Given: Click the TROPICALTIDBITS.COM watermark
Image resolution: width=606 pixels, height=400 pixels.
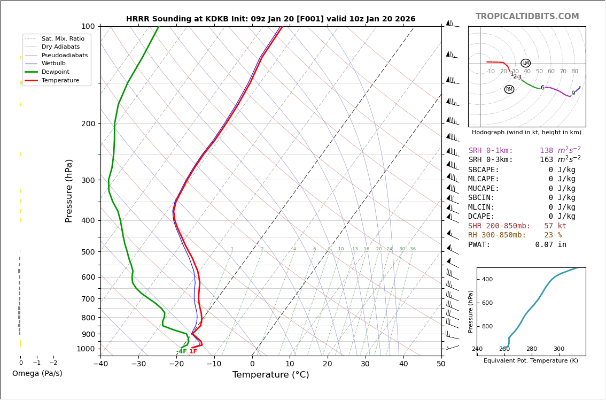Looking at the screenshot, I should [527, 17].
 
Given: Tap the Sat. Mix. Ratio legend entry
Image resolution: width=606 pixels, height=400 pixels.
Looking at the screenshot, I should [63, 39].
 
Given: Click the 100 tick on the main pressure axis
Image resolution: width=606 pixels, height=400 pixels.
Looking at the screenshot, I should [88, 26].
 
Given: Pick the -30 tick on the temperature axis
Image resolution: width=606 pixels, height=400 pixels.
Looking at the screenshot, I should [138, 364].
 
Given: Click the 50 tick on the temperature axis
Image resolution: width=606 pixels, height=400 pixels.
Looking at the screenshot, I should [441, 364].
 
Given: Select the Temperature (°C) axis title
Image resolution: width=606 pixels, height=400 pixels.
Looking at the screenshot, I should [270, 375].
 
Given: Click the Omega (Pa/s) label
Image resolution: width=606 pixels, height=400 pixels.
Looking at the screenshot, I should [37, 374].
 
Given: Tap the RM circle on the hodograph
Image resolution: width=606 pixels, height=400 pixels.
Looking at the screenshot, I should [509, 89].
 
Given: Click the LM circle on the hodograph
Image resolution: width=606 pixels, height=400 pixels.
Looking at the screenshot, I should [526, 63].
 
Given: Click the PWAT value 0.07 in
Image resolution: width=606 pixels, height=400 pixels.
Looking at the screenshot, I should [550, 245].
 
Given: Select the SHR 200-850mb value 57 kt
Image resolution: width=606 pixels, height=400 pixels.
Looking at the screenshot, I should [555, 226].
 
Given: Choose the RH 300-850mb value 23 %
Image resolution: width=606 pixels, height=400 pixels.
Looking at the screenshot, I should [553, 235].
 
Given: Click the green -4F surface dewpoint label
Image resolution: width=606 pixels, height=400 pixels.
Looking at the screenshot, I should [182, 351].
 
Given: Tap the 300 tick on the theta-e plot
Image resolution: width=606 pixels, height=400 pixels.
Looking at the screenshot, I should [558, 349].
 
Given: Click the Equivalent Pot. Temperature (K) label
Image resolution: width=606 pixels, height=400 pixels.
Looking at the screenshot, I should [531, 361].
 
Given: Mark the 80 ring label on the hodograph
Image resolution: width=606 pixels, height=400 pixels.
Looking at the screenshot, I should [574, 72].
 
